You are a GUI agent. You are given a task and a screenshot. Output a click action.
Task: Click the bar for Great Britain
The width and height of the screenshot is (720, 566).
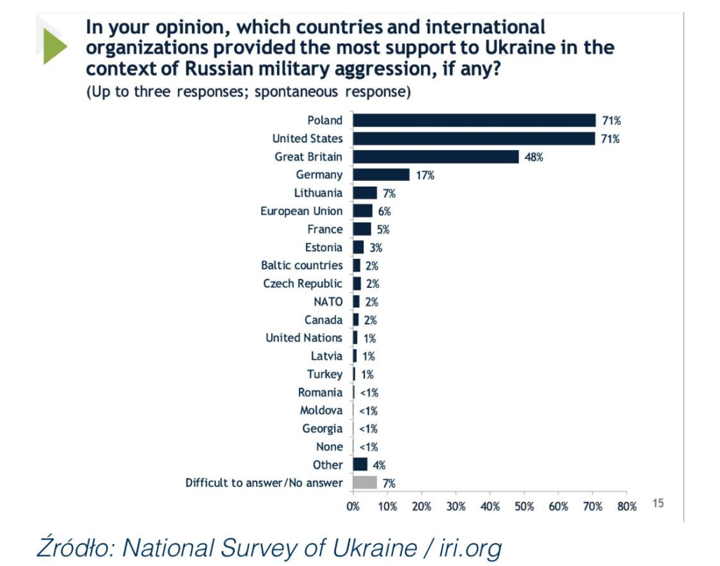pyautogui.click(x=436, y=156)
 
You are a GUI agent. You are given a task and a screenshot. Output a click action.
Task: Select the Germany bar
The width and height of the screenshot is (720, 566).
pyautogui.click(x=381, y=175)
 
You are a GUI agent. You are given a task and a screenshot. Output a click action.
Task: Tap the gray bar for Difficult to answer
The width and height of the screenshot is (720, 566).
pyautogui.click(x=365, y=483)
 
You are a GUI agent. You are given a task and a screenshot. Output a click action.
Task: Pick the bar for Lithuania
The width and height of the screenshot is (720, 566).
pyautogui.click(x=365, y=193)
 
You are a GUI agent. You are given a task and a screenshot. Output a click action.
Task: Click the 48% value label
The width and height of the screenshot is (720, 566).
pyautogui.click(x=534, y=157)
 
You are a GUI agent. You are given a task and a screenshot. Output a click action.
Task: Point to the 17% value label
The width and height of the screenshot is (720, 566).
pyautogui.click(x=425, y=175)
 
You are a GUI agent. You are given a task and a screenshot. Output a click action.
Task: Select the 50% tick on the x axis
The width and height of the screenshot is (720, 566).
pyautogui.click(x=524, y=507)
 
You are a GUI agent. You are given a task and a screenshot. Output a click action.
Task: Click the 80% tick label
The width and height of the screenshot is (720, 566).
pyautogui.click(x=627, y=507)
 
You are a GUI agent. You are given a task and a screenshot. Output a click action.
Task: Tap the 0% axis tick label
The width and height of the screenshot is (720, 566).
pyautogui.click(x=353, y=507)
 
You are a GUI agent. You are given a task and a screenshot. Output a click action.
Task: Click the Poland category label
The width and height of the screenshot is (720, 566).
pyautogui.click(x=325, y=120)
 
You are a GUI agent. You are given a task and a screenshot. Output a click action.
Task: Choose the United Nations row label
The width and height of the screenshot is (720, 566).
pyautogui.click(x=304, y=338)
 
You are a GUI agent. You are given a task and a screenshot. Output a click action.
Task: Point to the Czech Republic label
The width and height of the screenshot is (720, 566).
pyautogui.click(x=303, y=284)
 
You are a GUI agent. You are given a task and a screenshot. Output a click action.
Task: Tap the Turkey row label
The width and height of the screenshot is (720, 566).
pyautogui.click(x=325, y=375)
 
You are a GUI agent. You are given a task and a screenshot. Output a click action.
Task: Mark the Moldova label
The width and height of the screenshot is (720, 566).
pyautogui.click(x=321, y=410)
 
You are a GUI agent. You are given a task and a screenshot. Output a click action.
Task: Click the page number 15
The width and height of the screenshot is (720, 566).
pyautogui.click(x=658, y=503)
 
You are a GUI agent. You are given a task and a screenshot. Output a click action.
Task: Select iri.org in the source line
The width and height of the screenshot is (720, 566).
pyautogui.click(x=463, y=547)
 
